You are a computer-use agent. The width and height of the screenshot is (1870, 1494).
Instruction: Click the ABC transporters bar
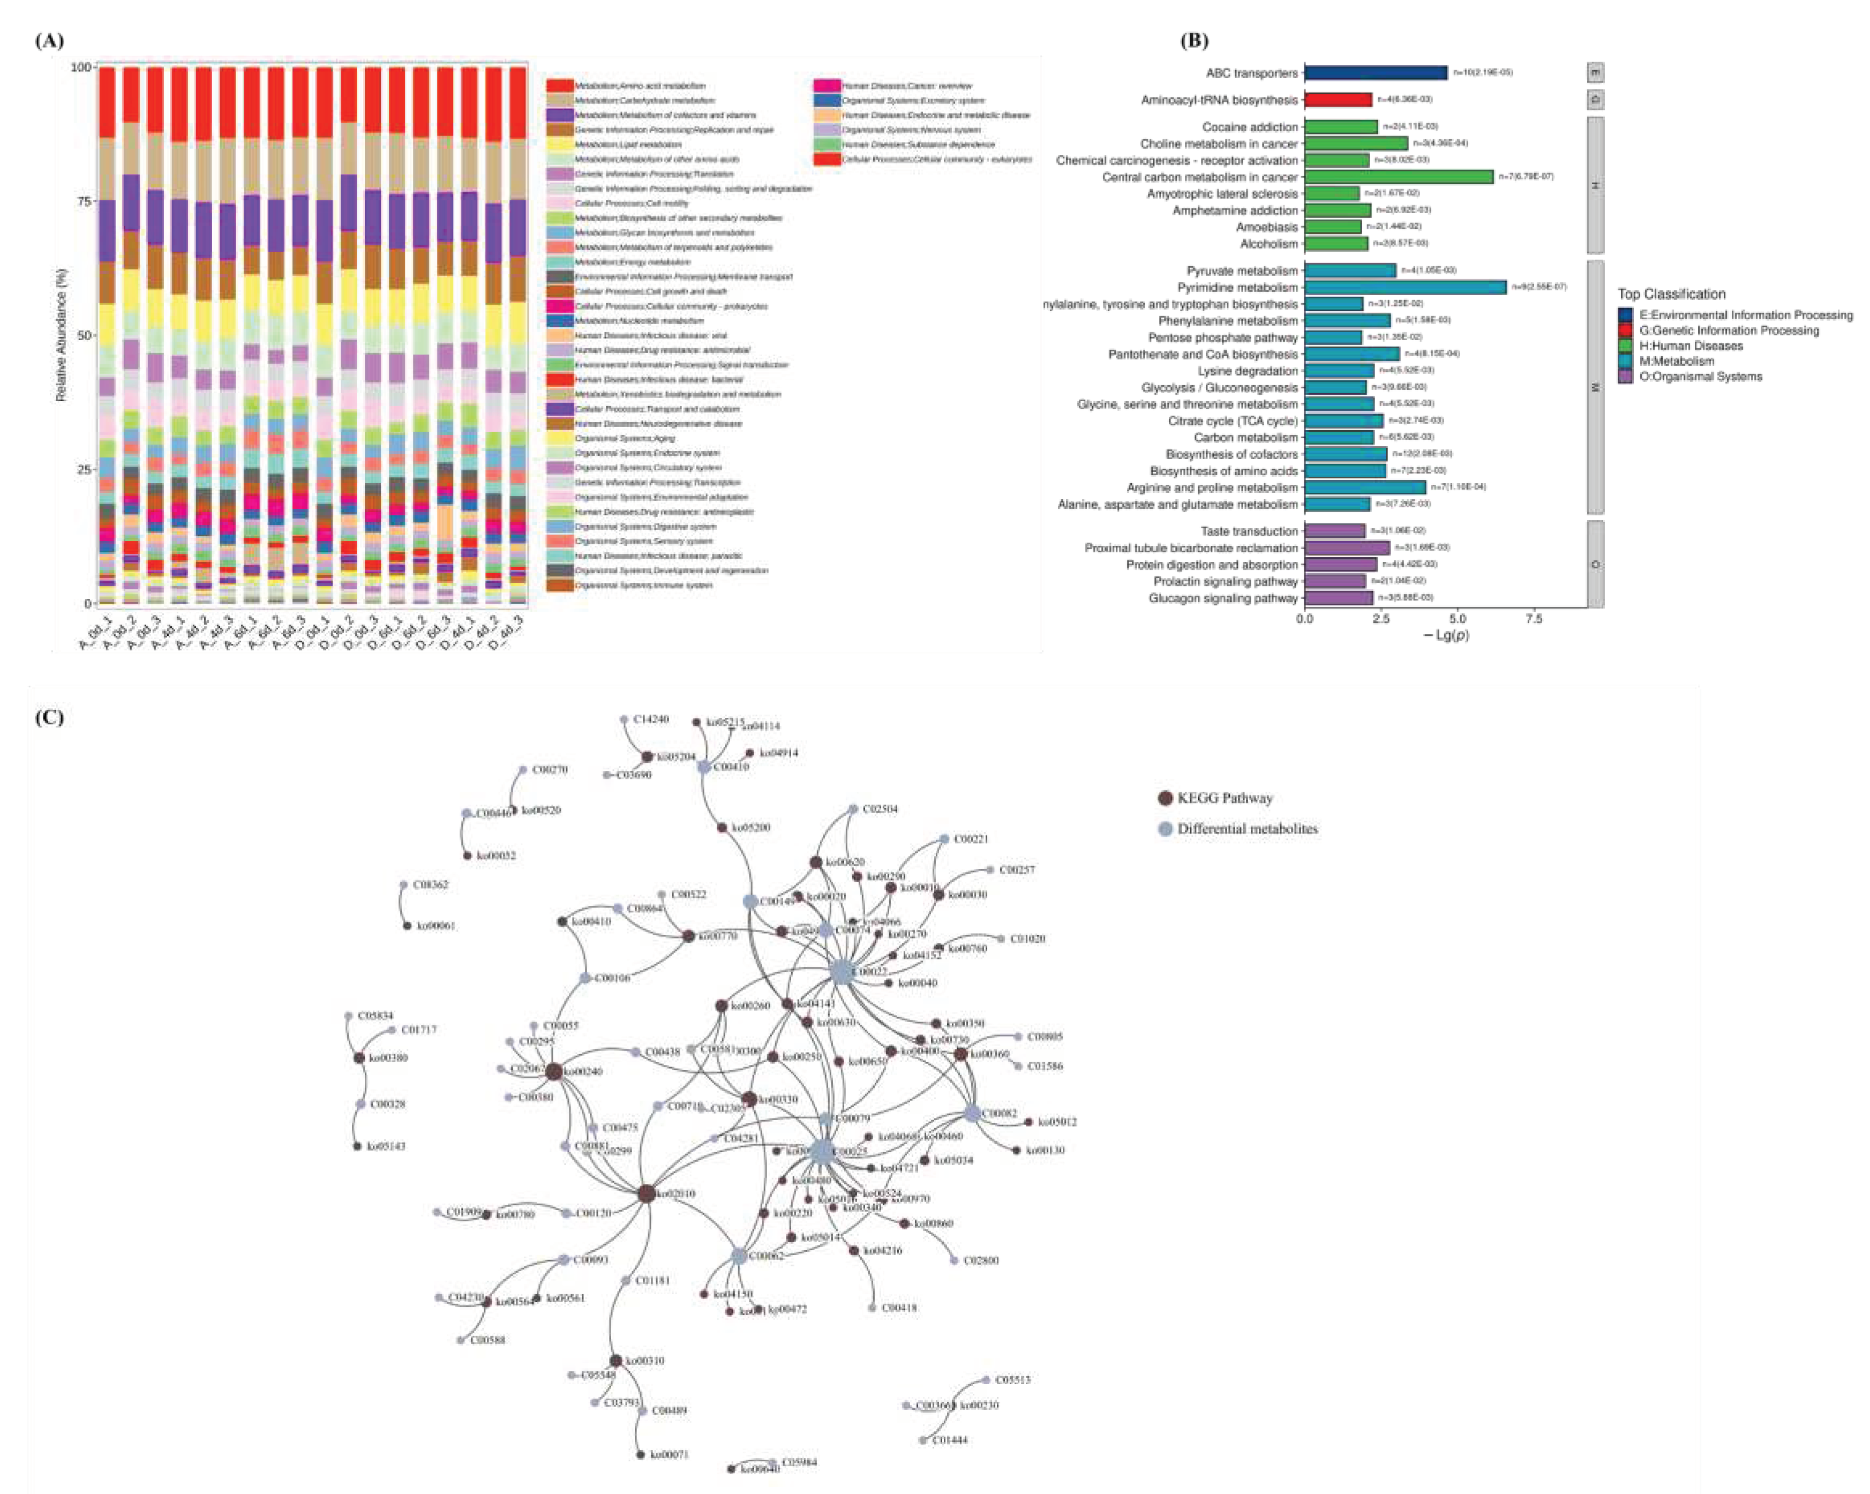1375,73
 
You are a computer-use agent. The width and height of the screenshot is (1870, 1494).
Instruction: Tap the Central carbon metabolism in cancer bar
1398,177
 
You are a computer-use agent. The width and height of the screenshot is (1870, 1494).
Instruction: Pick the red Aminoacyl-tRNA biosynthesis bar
1338,100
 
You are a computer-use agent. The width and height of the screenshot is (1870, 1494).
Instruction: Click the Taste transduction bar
1334,531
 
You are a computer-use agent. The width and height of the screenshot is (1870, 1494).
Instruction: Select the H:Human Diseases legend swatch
1625,346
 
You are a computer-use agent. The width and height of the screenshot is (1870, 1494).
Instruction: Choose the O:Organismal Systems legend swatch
1625,377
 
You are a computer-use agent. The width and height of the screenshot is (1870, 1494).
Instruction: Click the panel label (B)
1195,40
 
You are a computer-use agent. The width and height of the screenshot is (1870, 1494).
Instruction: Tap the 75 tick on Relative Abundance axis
86,201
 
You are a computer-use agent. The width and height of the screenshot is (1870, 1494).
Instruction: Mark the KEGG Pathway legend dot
1165,798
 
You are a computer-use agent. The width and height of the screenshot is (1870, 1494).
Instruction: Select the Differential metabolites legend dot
1165,829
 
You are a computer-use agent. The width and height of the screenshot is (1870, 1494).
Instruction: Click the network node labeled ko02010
646,1194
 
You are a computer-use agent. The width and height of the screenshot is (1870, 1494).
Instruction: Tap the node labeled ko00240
554,1071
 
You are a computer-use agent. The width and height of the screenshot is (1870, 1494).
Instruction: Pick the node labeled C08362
403,885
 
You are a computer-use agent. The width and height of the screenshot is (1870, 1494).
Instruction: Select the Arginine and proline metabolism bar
1364,487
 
